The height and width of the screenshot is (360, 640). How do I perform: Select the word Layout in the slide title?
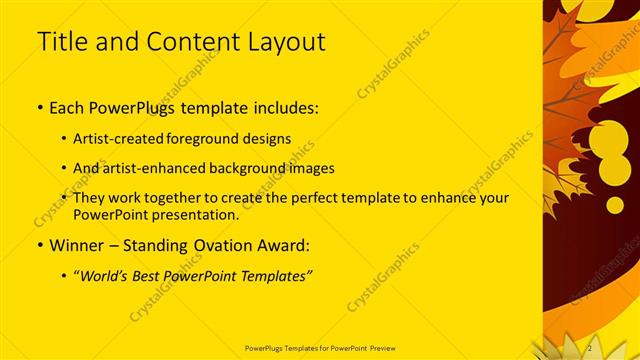(x=289, y=42)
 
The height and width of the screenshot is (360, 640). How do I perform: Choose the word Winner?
(x=76, y=245)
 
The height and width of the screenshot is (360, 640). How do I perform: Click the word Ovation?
(x=218, y=245)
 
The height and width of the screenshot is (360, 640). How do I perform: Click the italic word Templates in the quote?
(x=274, y=276)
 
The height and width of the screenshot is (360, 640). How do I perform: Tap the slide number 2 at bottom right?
(x=590, y=347)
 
